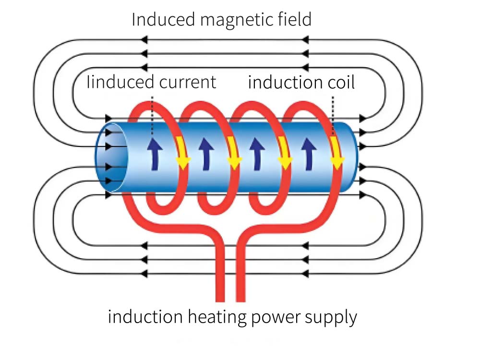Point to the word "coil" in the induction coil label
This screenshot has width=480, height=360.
(x=339, y=83)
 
